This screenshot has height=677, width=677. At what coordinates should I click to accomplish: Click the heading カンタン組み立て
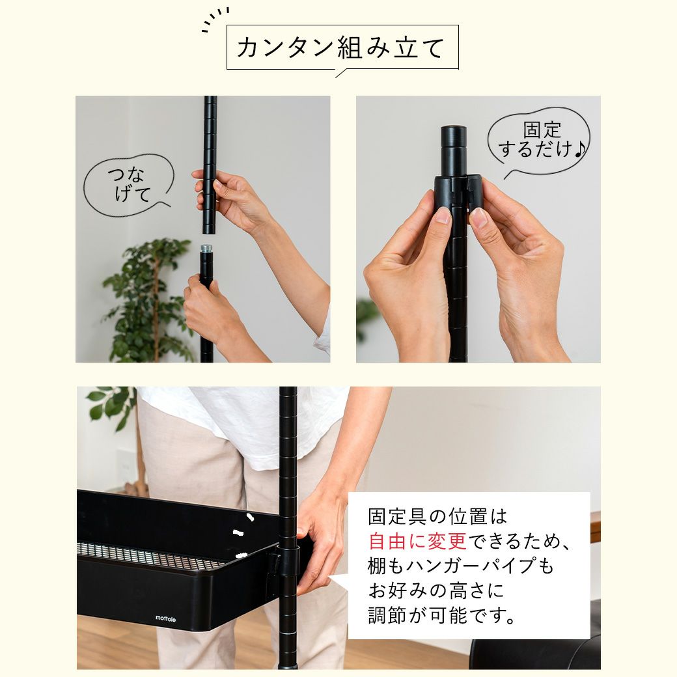340,48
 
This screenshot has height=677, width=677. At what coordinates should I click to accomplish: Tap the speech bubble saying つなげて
128,185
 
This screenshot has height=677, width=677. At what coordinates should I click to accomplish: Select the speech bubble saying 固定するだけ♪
540,141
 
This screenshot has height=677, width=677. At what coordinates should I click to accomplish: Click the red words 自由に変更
417,540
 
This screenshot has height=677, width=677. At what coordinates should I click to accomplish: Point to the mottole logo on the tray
165,618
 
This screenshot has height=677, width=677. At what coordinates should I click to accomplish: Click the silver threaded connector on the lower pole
206,249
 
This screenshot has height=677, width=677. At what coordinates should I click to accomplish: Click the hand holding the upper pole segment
233,199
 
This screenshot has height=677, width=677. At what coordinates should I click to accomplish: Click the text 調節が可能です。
442,615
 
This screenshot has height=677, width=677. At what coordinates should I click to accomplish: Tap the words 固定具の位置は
437,516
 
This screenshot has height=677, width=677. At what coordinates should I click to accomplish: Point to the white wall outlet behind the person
125,466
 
